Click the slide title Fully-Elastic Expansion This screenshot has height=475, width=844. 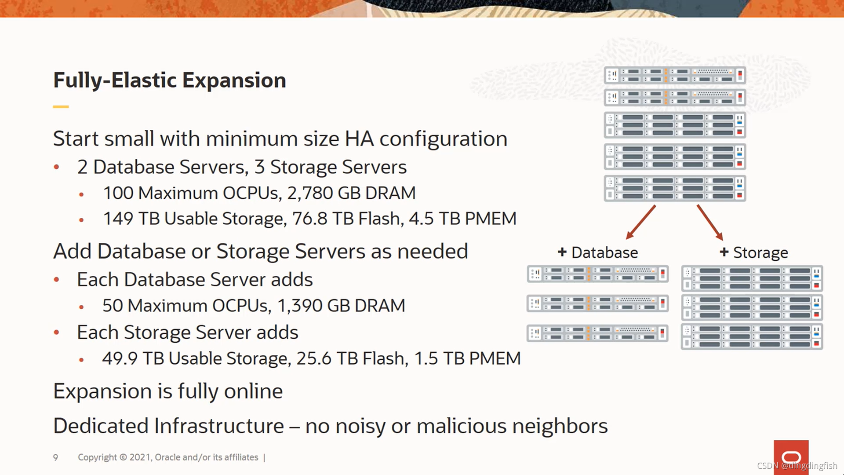[169, 80]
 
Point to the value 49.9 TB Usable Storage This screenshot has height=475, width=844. [119, 359]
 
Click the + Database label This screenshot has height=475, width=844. [598, 252]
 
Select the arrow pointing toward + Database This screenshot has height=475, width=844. [640, 222]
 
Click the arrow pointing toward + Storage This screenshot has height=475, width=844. [710, 222]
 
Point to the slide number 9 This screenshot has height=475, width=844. [55, 457]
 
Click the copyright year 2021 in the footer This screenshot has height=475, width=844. [140, 457]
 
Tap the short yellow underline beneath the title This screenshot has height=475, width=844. [61, 106]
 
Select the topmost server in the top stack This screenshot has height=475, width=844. [675, 75]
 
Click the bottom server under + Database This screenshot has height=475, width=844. [597, 333]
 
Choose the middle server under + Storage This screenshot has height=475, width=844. [752, 307]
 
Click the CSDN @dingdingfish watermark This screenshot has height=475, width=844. [797, 466]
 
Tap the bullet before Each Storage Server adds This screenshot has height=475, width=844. [56, 332]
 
